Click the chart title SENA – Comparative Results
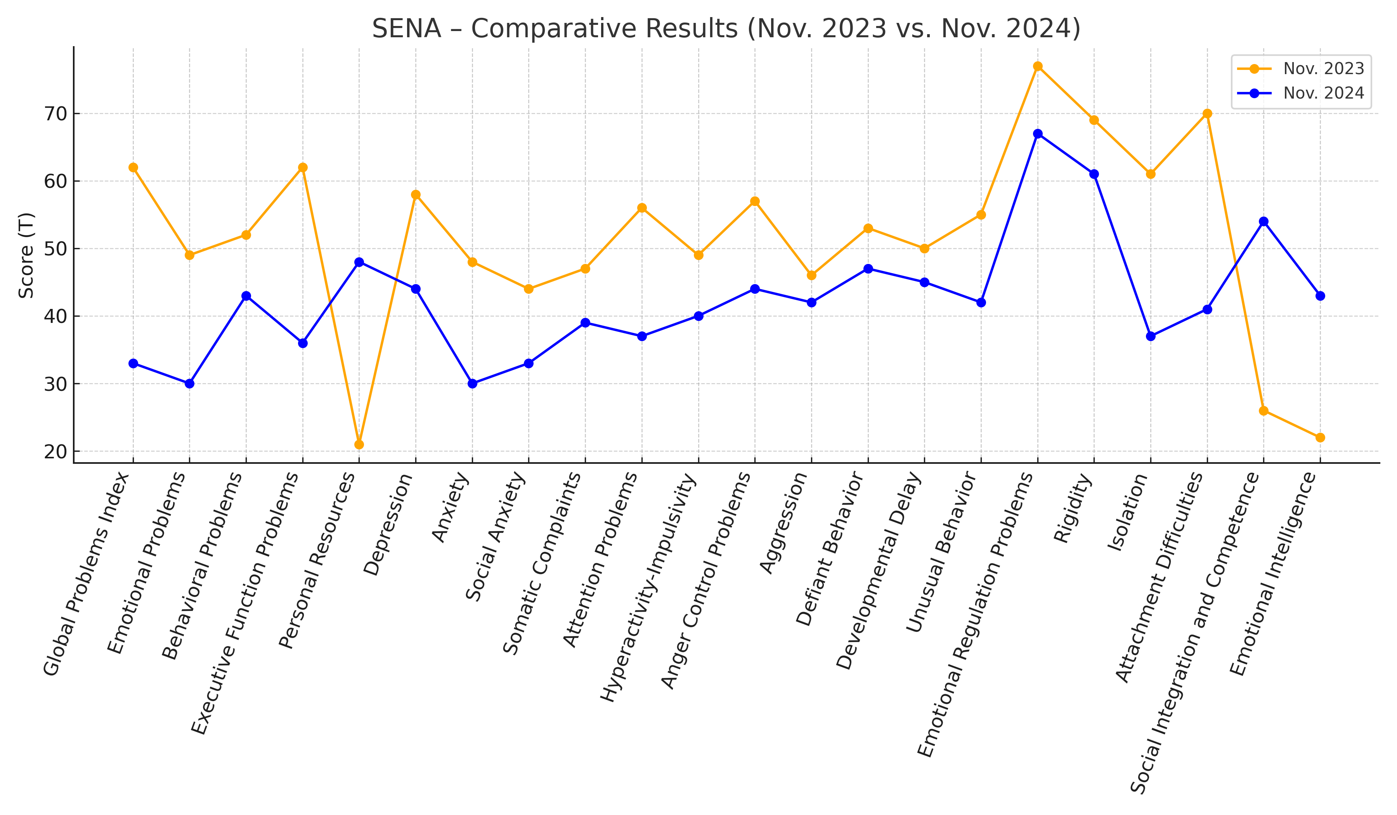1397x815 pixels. (726, 29)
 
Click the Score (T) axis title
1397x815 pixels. (26, 255)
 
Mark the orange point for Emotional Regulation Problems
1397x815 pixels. (1038, 66)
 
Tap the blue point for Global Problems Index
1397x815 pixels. (133, 364)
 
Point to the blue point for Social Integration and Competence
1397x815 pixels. (1264, 222)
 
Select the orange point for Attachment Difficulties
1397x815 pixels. (1207, 114)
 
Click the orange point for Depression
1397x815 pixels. (416, 194)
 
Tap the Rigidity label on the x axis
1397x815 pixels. (1073, 509)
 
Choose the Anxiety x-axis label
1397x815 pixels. (450, 509)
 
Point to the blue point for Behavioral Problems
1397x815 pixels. (246, 296)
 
